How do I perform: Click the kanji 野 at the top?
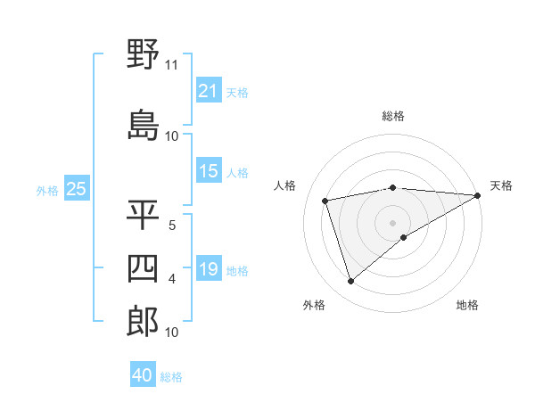143,55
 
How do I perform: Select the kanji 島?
143,126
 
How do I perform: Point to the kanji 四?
143,268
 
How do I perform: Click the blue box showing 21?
208,91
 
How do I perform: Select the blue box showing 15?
208,172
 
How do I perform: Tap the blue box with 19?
208,270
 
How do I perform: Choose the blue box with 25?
76,189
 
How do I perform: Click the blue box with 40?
143,375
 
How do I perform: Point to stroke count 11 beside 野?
171,65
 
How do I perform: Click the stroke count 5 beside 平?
171,226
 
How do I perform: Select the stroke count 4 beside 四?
171,279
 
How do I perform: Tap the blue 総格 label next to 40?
171,377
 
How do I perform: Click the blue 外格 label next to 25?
47,190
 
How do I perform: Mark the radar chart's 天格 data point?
478,195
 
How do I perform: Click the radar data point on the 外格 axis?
350,282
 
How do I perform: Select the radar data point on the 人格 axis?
325,201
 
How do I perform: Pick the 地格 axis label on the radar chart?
467,305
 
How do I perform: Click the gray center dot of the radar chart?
392,222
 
